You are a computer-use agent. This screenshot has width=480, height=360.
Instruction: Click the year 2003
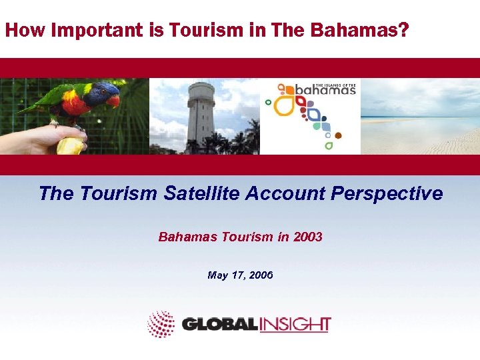coord(307,237)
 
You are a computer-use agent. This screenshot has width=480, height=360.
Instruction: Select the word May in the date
coord(218,275)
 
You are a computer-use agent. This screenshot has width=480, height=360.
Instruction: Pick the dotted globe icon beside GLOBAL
coord(161,324)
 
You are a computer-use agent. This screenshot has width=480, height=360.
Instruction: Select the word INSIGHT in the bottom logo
coord(294,325)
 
